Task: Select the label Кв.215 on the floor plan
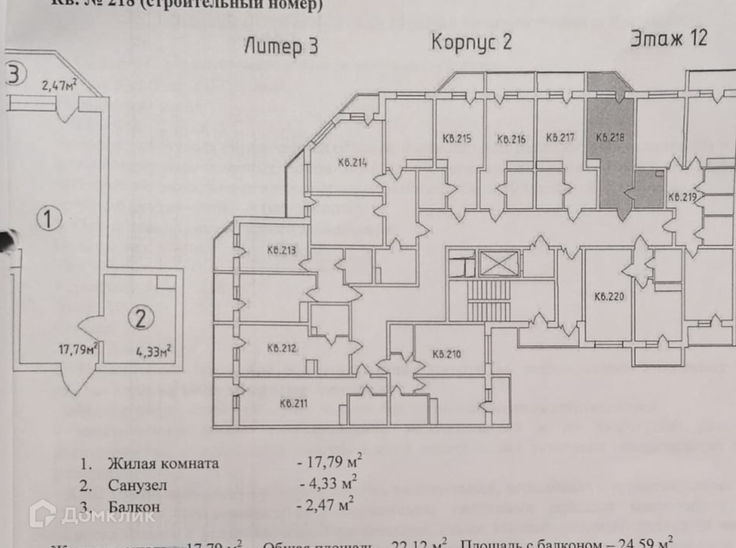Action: point(456,139)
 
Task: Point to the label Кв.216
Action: point(510,139)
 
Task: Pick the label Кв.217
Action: point(560,139)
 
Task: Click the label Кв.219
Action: point(682,197)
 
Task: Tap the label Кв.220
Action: point(609,295)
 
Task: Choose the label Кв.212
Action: point(282,348)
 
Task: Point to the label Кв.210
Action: point(446,354)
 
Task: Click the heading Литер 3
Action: point(280,47)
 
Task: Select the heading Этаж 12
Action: point(668,38)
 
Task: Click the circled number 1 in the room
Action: point(49,220)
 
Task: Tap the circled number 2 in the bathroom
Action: point(139,318)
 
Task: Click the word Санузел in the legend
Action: point(137,484)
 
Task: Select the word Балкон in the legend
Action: point(134,506)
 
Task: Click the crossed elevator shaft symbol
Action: point(499,264)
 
